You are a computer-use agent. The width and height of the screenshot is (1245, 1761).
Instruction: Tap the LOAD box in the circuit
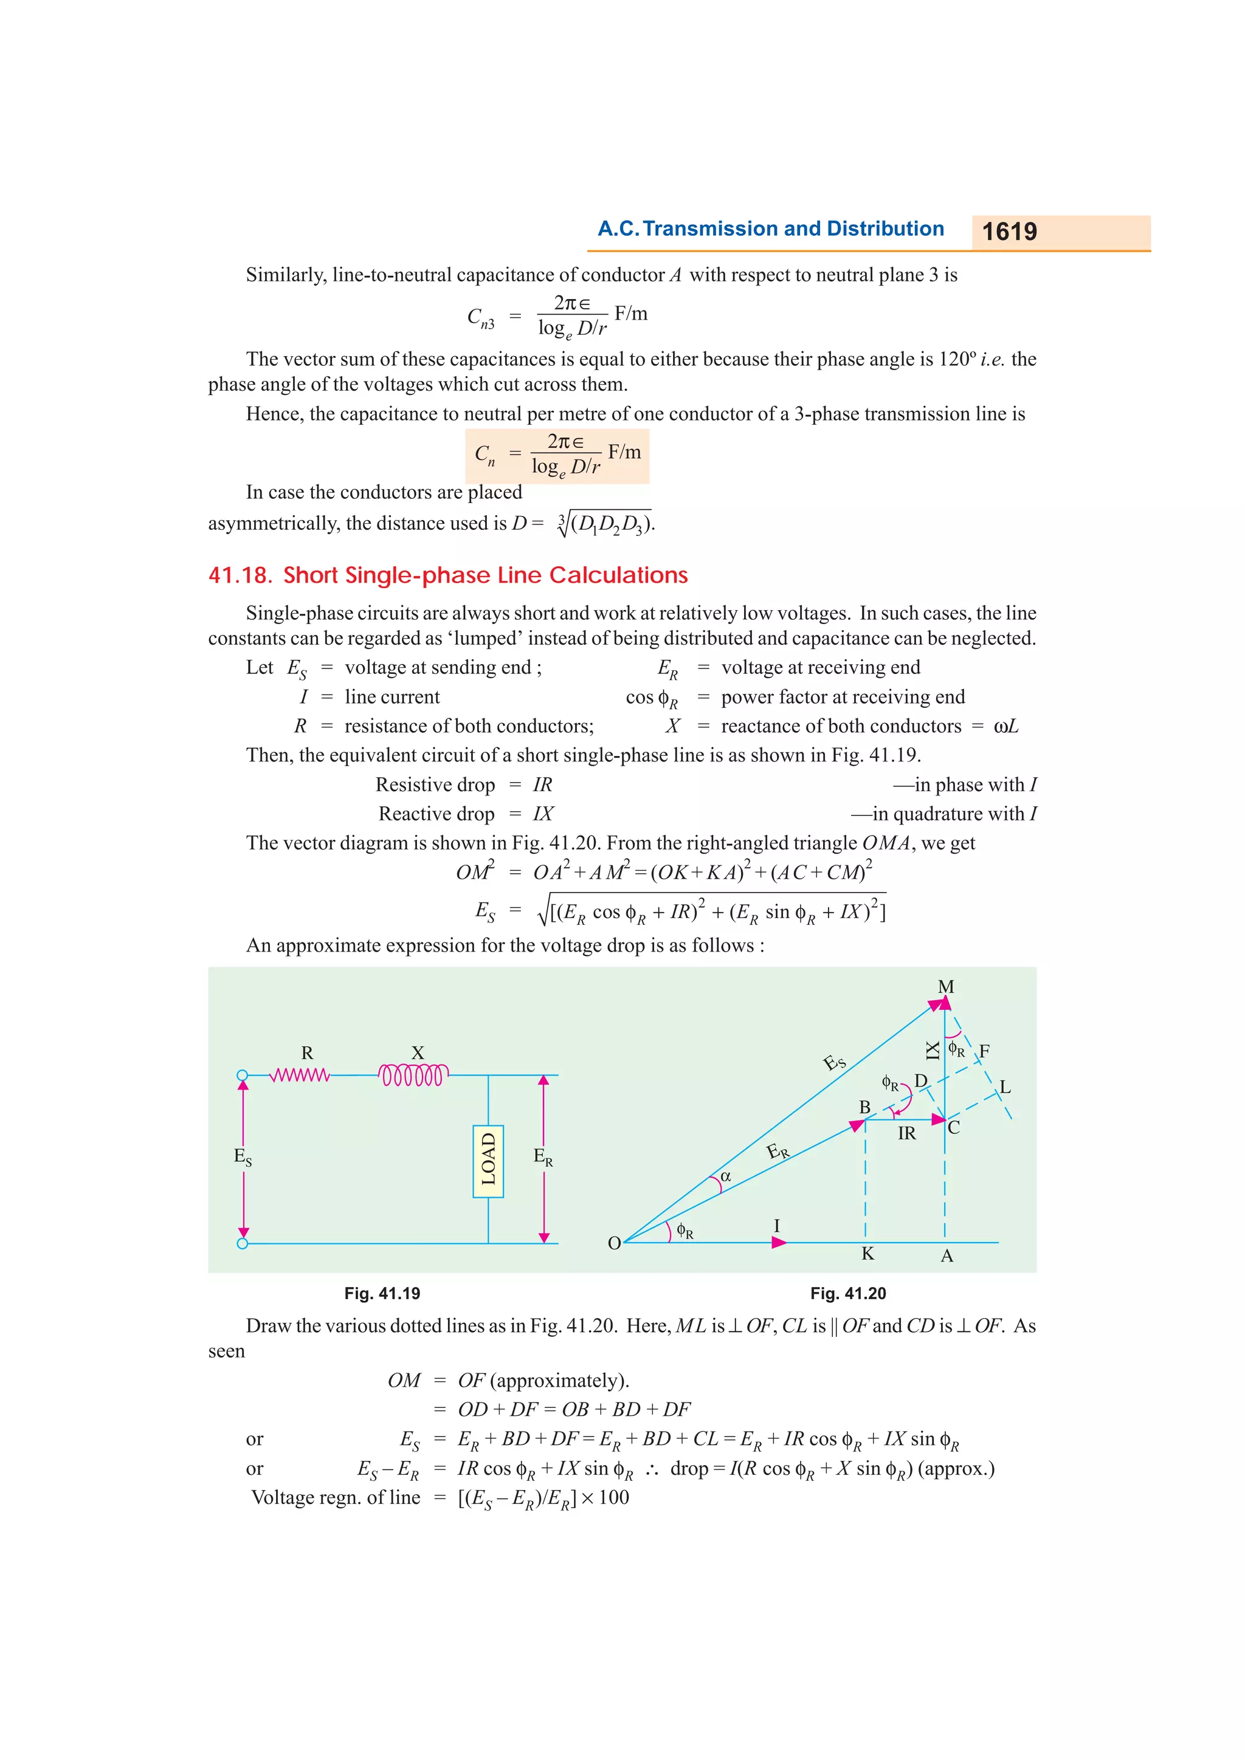(488, 1161)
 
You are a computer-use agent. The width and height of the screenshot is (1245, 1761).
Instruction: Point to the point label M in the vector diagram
(945, 987)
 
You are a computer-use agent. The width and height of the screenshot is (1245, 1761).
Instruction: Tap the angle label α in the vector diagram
(726, 1176)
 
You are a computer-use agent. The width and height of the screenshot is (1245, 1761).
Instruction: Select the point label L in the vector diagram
(1005, 1087)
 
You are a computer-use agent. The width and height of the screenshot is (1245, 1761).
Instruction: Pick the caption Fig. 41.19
(382, 1294)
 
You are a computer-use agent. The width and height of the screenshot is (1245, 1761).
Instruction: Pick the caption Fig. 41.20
(847, 1294)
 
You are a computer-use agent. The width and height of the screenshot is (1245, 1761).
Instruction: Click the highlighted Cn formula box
(557, 456)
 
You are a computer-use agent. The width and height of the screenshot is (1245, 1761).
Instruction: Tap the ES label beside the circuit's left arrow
(243, 1156)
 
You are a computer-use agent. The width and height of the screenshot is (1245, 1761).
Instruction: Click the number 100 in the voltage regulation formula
(613, 1497)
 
